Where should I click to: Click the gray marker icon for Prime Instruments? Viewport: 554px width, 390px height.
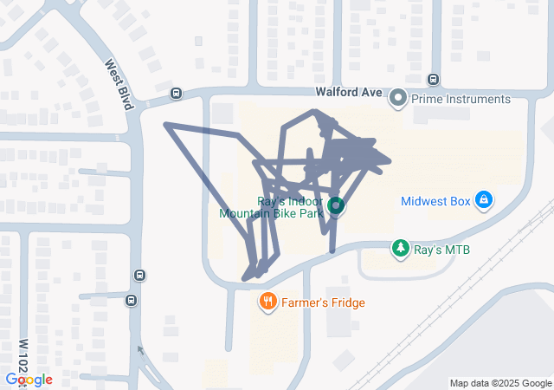(x=398, y=99)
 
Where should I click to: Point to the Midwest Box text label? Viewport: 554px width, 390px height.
(x=435, y=202)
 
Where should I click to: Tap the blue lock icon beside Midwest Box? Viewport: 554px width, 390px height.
(x=484, y=202)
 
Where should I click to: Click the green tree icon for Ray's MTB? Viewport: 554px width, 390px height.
(x=400, y=250)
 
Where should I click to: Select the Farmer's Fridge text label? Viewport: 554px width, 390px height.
(x=325, y=302)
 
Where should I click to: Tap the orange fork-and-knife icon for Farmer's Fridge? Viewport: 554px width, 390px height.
(x=268, y=302)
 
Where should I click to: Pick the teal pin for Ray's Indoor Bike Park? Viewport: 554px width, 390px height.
(x=335, y=207)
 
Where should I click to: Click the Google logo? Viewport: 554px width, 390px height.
(x=29, y=380)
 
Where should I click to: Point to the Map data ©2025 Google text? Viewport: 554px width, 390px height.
(x=499, y=383)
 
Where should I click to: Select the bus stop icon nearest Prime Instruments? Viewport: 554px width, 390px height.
(x=434, y=80)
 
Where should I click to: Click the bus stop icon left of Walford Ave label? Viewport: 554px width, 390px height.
(x=177, y=94)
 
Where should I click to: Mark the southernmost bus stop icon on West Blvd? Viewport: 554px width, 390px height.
(x=131, y=301)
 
